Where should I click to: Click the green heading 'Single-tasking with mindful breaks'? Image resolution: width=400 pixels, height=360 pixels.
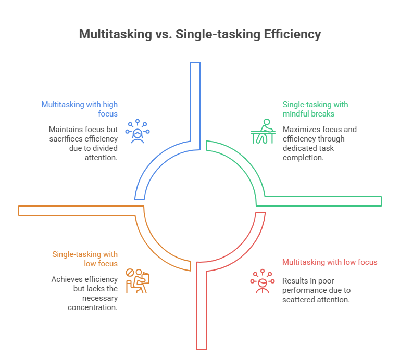point(315,108)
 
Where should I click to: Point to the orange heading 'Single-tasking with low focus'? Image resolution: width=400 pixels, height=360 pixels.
point(85,259)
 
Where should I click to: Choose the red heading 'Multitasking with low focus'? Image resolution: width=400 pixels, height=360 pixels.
point(330,262)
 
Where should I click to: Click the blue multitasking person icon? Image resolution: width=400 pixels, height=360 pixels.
point(137,131)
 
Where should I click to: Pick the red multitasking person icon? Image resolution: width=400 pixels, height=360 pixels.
point(262,281)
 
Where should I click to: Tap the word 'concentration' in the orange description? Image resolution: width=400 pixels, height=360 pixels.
point(92,307)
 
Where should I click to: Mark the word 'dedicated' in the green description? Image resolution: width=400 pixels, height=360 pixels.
point(298,148)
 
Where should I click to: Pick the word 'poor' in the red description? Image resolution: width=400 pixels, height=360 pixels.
point(327,281)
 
